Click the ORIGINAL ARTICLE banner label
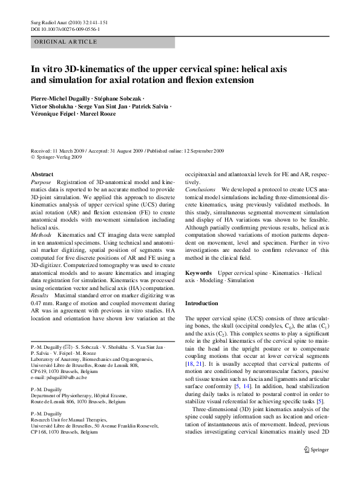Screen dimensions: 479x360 coord(65,42)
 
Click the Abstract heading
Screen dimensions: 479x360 coord(42,174)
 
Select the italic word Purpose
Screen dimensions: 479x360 coord(41,182)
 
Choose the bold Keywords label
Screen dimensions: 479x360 coord(198,274)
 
